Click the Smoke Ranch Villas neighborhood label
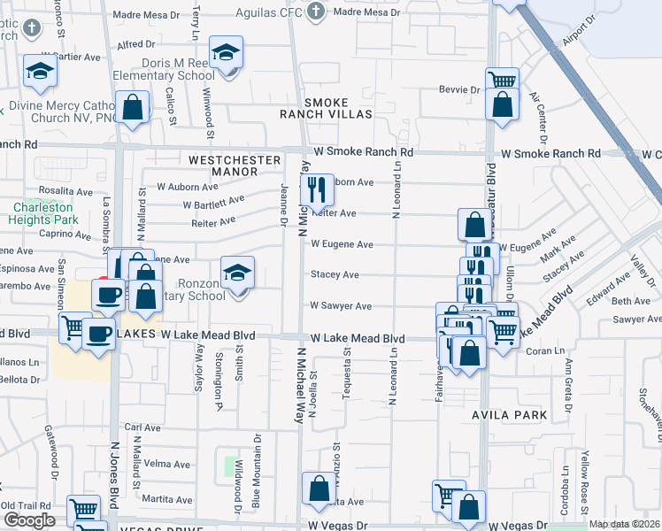tap(327, 108)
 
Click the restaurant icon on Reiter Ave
tap(316, 189)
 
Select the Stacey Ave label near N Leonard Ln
tap(334, 275)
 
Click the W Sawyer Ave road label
tap(340, 306)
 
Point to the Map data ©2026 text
tap(625, 524)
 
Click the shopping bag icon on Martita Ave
tap(319, 489)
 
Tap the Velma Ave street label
tap(167, 464)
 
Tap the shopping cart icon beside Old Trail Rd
tap(82, 510)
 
